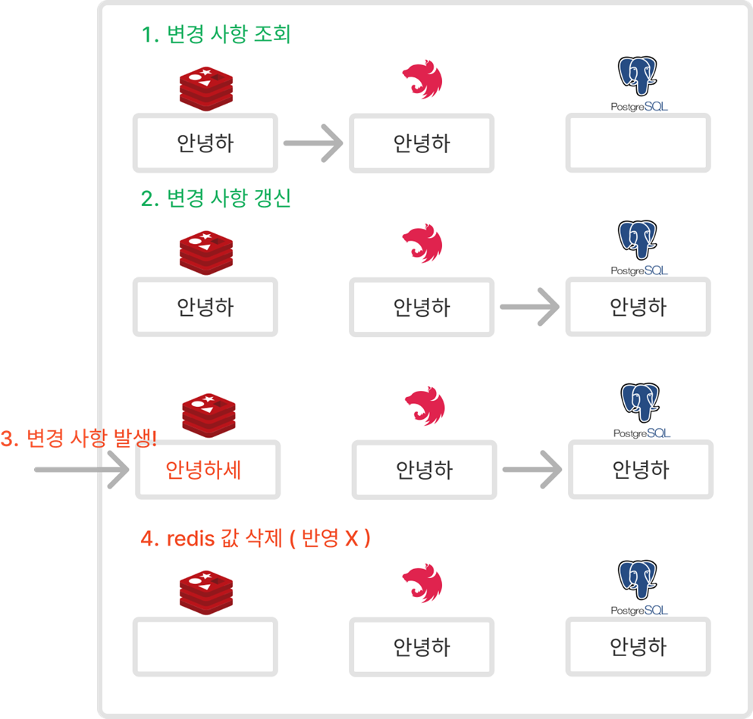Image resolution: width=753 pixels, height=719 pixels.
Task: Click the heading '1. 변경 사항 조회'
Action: (x=216, y=35)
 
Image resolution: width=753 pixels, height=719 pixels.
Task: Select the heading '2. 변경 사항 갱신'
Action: (x=216, y=199)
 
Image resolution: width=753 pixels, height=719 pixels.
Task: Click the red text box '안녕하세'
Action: (x=208, y=470)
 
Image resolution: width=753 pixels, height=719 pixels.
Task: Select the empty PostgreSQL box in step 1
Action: (x=638, y=143)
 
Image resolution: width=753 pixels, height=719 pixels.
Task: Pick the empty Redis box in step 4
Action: (x=206, y=646)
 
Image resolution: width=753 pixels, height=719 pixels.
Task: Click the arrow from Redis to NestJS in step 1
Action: (x=312, y=143)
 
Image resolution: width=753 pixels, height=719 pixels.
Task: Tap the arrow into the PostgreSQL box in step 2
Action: (x=529, y=307)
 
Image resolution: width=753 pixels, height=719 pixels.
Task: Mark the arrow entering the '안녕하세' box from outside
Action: (x=81, y=470)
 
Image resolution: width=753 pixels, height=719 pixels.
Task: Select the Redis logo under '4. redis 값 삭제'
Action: (x=206, y=590)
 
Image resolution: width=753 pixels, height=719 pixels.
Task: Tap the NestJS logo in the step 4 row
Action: (x=422, y=583)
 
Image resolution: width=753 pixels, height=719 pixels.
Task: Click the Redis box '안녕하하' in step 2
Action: (x=206, y=307)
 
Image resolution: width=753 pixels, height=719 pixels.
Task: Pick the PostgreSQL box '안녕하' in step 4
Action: (x=638, y=646)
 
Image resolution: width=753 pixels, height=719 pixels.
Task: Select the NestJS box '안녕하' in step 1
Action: (x=422, y=143)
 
